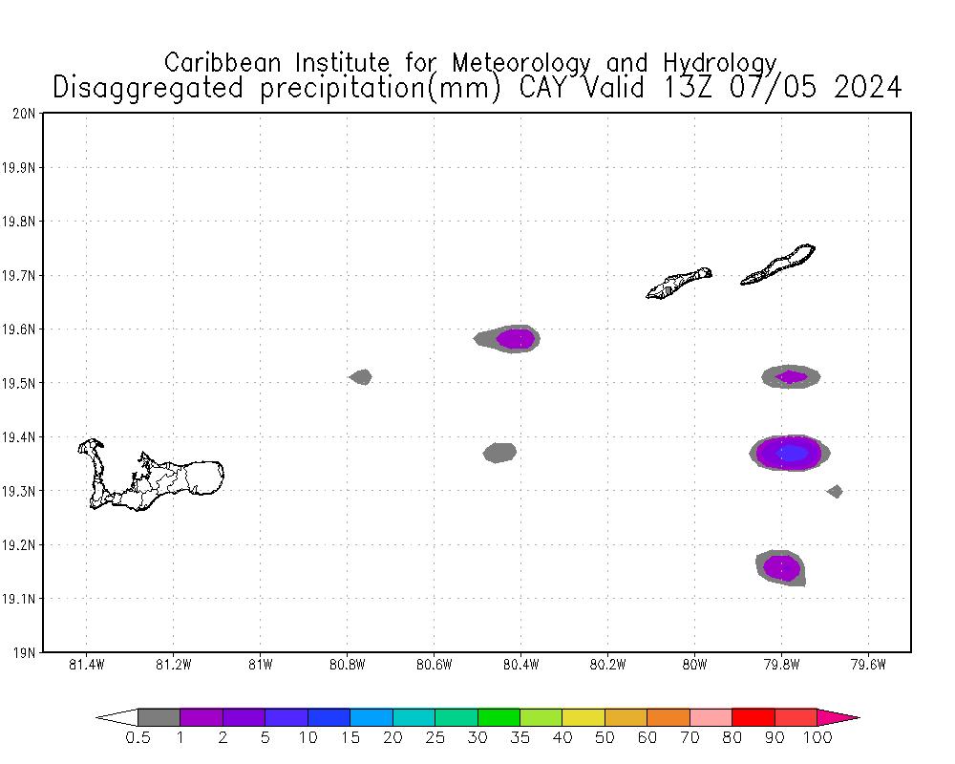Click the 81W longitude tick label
click(260, 665)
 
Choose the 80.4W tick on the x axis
click(520, 665)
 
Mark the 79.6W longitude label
click(868, 665)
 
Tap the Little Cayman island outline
click(679, 283)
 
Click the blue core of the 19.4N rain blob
click(791, 453)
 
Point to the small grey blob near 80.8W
click(361, 377)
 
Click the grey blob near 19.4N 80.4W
click(499, 452)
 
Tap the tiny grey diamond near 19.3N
click(835, 492)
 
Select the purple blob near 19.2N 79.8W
click(781, 567)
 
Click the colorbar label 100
click(818, 737)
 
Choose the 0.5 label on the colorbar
click(138, 737)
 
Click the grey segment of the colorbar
click(159, 717)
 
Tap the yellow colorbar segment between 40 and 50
click(583, 717)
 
